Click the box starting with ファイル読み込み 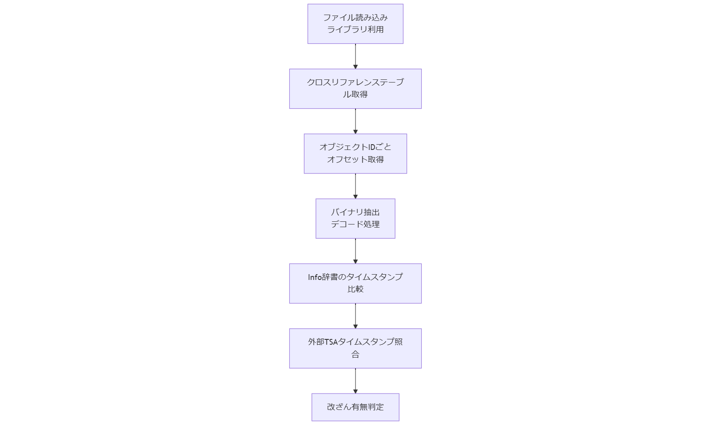355,24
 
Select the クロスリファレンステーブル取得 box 355,88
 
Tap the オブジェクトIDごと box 355,153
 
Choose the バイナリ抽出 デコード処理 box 355,218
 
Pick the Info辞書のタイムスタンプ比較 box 355,283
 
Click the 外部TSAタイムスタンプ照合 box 355,348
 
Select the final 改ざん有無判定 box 355,407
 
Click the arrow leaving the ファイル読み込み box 355,56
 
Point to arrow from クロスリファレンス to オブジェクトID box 355,121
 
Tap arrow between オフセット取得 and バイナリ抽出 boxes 355,185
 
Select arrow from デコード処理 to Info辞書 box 355,251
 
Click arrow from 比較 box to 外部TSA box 355,315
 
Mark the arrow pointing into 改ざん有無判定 355,380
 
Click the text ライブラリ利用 355,30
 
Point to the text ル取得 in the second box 355,94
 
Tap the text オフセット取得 355,159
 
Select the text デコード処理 355,224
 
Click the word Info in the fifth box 315,277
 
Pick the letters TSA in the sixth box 331,342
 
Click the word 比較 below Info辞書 355,289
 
